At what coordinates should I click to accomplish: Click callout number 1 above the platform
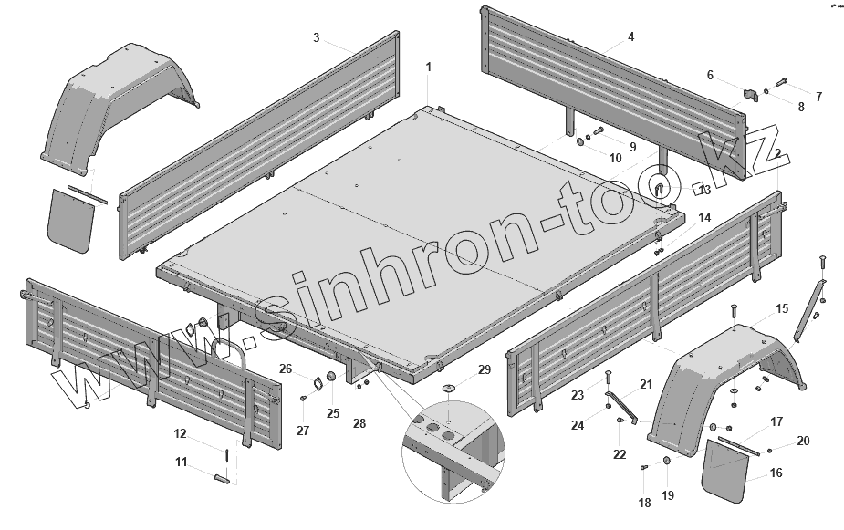tap(429, 67)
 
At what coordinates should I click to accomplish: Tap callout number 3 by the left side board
tap(316, 37)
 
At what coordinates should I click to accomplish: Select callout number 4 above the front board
tap(630, 36)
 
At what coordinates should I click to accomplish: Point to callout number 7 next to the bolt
tap(818, 96)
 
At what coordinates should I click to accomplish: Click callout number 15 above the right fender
tap(782, 309)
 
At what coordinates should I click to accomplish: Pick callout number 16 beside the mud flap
tap(776, 473)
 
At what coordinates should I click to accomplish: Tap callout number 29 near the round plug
tap(485, 369)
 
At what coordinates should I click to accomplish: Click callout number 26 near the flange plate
tap(285, 369)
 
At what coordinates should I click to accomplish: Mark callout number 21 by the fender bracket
tap(646, 384)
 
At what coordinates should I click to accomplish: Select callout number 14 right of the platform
tap(704, 218)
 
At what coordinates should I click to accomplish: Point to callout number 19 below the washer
tap(668, 495)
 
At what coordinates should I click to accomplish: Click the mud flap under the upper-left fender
tap(70, 220)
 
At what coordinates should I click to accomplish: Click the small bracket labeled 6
tap(752, 95)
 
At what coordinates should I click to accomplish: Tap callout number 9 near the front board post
tap(631, 145)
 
